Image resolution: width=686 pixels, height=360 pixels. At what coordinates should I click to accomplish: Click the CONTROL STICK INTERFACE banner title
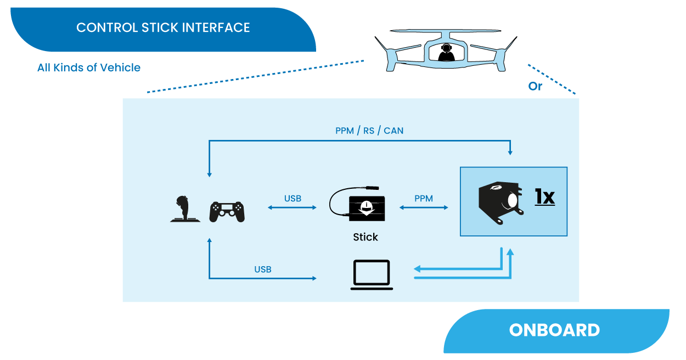163,28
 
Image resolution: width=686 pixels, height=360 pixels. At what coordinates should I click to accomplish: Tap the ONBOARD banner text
554,330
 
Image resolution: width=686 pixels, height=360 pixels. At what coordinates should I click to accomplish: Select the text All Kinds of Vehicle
89,68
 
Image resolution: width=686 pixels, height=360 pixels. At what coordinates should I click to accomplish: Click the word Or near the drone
535,87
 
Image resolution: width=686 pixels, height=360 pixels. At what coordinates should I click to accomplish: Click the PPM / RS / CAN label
370,131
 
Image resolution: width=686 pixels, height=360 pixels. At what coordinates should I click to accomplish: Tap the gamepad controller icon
227,211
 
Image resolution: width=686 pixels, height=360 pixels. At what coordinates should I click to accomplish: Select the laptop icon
372,274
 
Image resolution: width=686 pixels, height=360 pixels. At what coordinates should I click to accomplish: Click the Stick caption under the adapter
366,237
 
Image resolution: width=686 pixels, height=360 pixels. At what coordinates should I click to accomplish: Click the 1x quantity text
545,196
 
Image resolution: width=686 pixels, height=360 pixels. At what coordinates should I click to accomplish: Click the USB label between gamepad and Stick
293,199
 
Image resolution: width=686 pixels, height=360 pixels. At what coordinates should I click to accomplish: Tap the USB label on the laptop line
262,269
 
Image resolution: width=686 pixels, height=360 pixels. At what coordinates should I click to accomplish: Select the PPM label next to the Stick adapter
424,199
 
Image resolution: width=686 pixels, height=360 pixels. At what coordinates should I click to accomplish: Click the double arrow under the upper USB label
293,207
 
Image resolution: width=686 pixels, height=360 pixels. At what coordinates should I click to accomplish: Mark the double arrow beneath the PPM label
424,207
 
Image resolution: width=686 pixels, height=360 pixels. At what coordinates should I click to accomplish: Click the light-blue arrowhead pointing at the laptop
417,269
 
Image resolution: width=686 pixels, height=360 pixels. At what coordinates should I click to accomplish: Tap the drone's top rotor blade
446,32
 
